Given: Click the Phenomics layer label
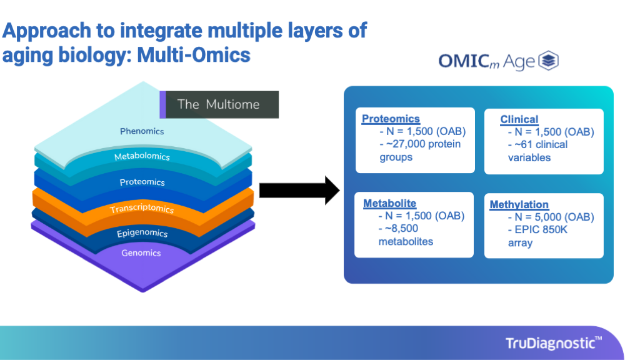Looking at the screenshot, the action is pyautogui.click(x=142, y=131).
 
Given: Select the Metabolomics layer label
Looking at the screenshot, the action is pyautogui.click(x=142, y=156).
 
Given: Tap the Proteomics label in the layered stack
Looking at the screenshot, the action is pyautogui.click(x=142, y=182).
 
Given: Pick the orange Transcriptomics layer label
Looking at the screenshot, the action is pyautogui.click(x=142, y=209).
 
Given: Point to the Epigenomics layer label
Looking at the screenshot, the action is pyautogui.click(x=142, y=233).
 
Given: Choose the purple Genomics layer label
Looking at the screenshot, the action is pyautogui.click(x=141, y=253).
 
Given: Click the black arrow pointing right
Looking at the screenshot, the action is pyautogui.click(x=299, y=191).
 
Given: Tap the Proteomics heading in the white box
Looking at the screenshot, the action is pyautogui.click(x=391, y=119).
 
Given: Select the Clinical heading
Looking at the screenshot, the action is pyautogui.click(x=519, y=119).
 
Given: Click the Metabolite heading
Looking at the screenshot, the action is pyautogui.click(x=390, y=203).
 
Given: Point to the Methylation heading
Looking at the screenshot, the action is pyautogui.click(x=519, y=204).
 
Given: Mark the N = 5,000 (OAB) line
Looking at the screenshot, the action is pyautogui.click(x=551, y=217).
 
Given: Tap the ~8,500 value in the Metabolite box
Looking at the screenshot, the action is pyautogui.click(x=401, y=229).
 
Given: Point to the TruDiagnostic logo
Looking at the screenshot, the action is pyautogui.click(x=554, y=343).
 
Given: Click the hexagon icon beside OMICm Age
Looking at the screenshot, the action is pyautogui.click(x=548, y=61).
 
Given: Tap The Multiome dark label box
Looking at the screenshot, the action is pyautogui.click(x=219, y=104).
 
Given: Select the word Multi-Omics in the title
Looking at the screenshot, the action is pyautogui.click(x=194, y=55).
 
